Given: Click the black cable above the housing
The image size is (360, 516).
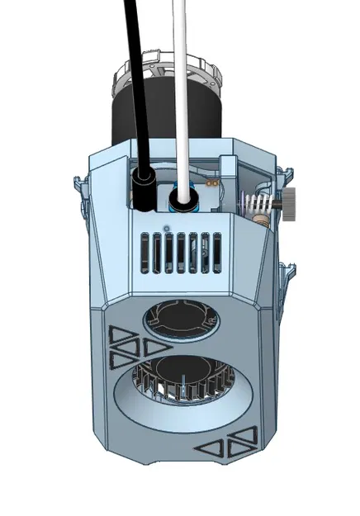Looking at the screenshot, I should click(133, 83).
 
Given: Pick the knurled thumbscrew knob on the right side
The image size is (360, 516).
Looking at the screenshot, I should click(293, 199).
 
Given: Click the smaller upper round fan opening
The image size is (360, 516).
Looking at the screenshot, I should click(181, 318).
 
